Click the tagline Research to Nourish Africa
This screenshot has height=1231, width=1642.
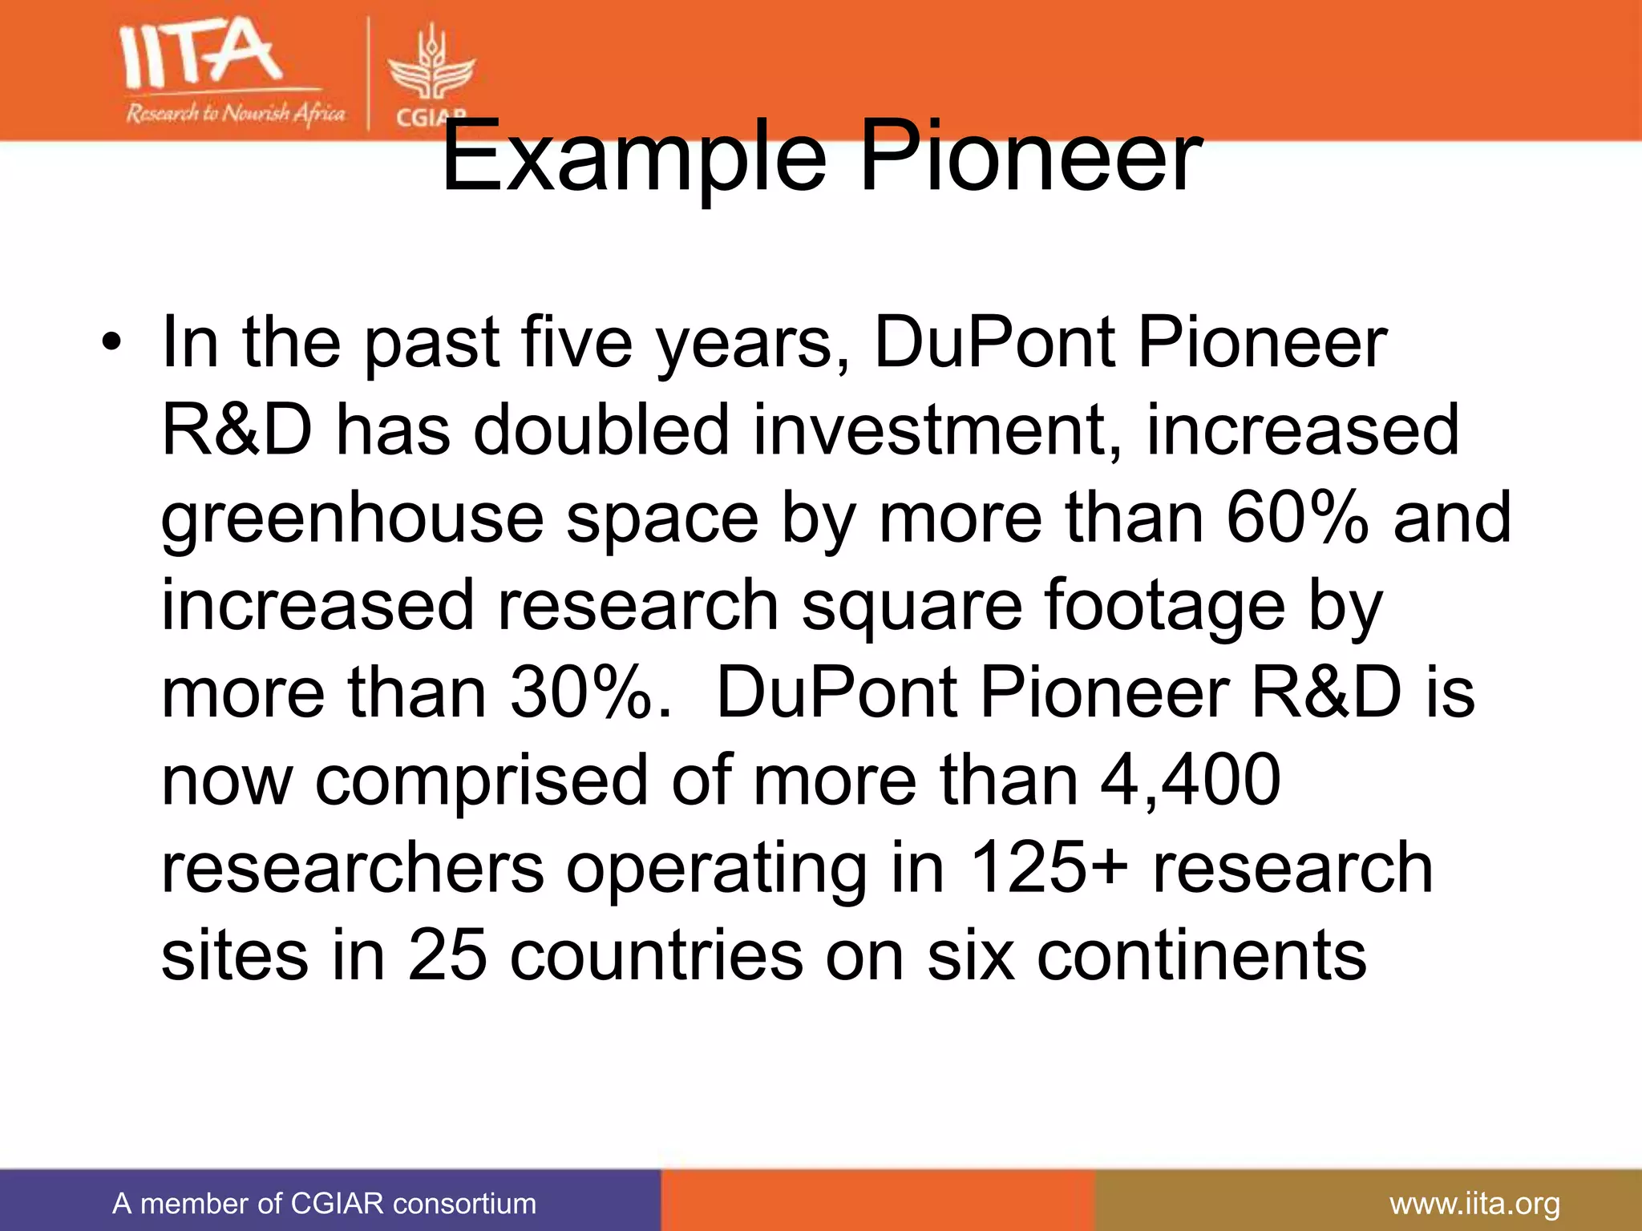pyautogui.click(x=235, y=113)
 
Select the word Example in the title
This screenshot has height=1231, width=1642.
pyautogui.click(x=633, y=158)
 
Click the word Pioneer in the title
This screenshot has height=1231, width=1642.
pyautogui.click(x=1031, y=158)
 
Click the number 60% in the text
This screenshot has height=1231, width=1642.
pyautogui.click(x=1296, y=518)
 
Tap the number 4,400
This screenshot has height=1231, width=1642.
pyautogui.click(x=1190, y=780)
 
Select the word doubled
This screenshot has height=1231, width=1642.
pyautogui.click(x=601, y=430)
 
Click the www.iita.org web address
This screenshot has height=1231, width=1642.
pyautogui.click(x=1474, y=1203)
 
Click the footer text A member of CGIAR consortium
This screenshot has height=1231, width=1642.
pyautogui.click(x=324, y=1203)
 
